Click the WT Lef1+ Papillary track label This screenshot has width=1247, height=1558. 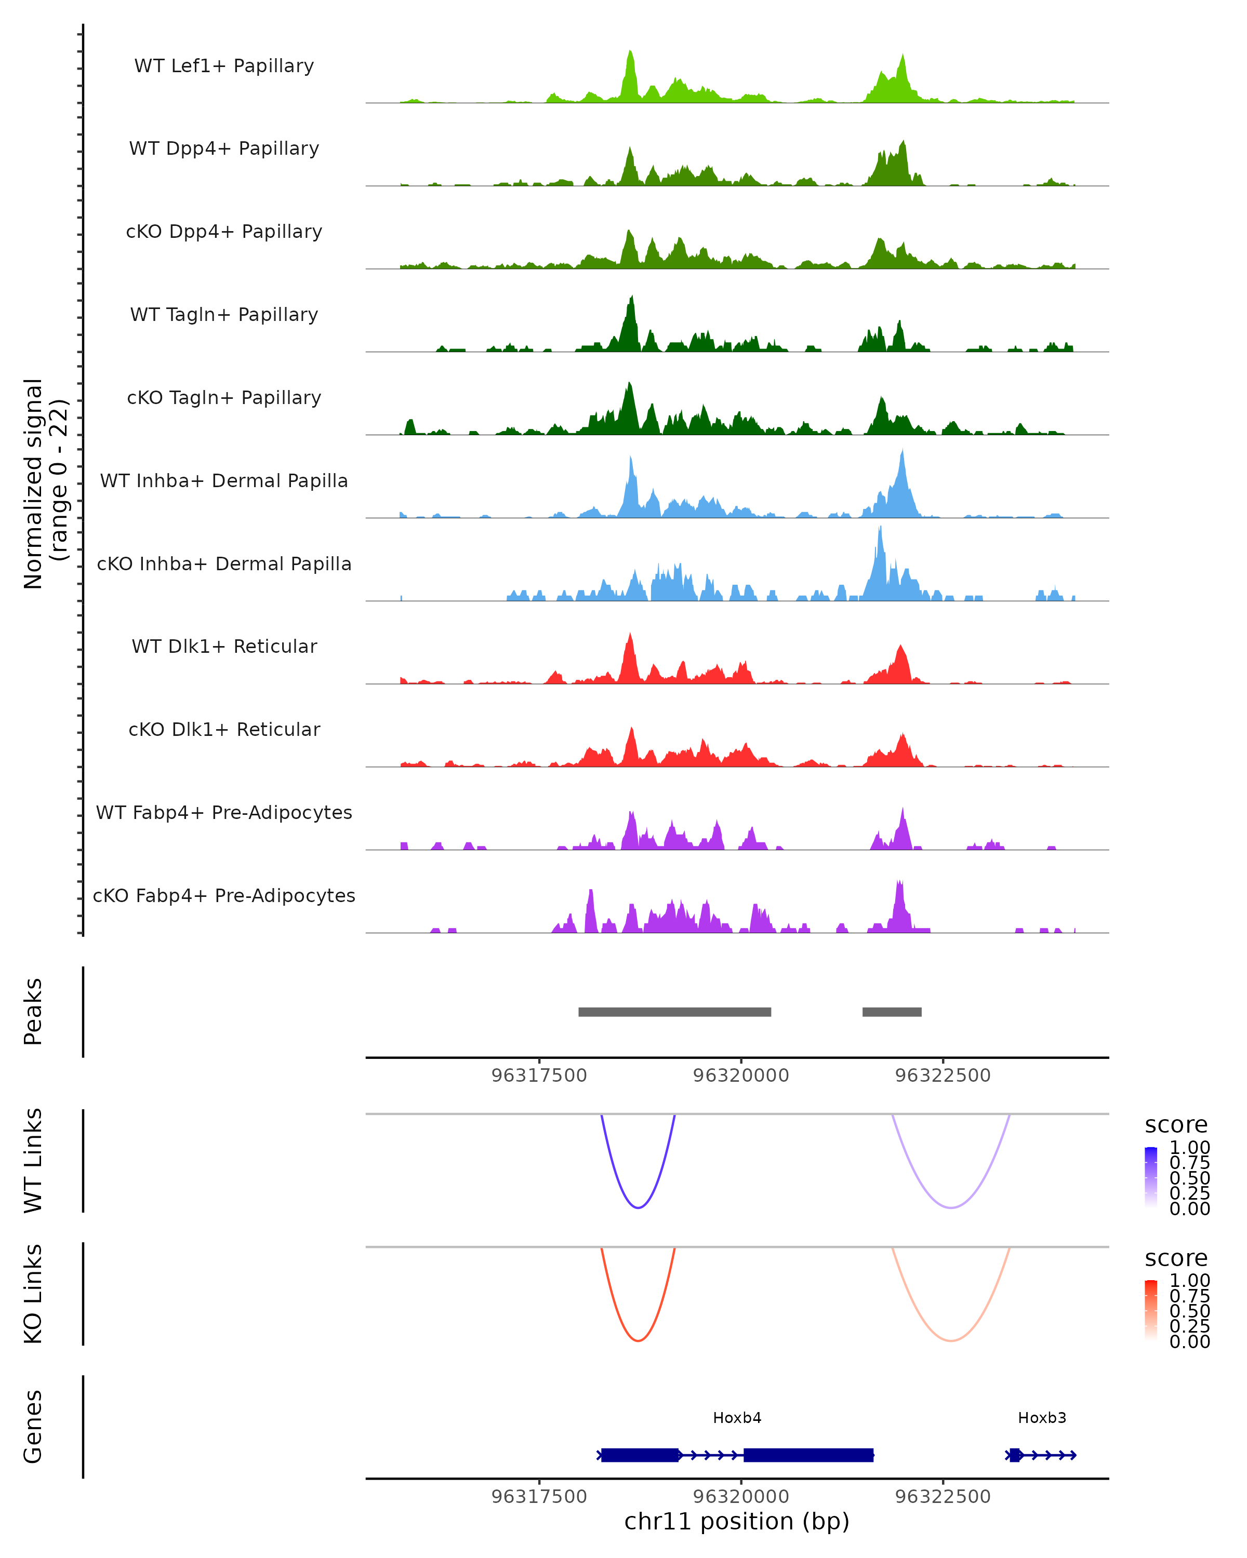(224, 66)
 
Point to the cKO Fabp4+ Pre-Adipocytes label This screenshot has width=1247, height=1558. (224, 895)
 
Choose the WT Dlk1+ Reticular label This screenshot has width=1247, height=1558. (224, 646)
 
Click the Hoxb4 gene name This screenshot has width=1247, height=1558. (737, 1418)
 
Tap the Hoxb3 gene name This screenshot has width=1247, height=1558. (1042, 1418)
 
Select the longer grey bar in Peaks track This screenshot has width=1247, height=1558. (674, 1012)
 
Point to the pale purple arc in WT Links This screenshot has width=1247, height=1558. (951, 1207)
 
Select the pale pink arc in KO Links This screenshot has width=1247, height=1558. (951, 1340)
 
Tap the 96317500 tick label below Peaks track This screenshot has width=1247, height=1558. (539, 1076)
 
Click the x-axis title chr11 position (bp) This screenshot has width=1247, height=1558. (737, 1522)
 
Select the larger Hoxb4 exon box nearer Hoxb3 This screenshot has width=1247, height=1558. (808, 1455)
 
